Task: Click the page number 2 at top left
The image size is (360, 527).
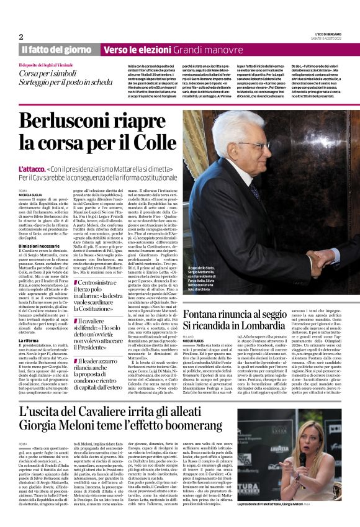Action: [x=21, y=36]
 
